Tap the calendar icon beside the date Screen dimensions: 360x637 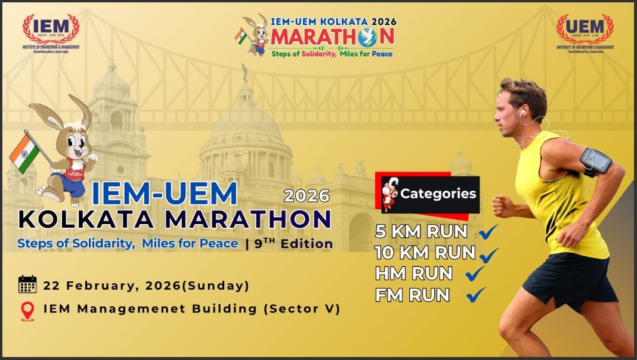click(27, 285)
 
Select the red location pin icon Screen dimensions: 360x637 click(27, 311)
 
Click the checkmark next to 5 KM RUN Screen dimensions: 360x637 click(488, 231)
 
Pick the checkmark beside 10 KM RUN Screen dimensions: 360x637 click(488, 254)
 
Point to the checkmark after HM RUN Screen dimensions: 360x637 click(475, 274)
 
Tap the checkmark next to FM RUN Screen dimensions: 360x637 click(477, 294)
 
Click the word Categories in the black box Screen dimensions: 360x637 click(438, 194)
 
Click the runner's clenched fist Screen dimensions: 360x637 click(502, 206)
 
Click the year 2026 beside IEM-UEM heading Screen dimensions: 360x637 click(307, 195)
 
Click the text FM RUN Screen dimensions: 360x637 click(412, 295)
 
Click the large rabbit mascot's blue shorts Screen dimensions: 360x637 click(72, 182)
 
